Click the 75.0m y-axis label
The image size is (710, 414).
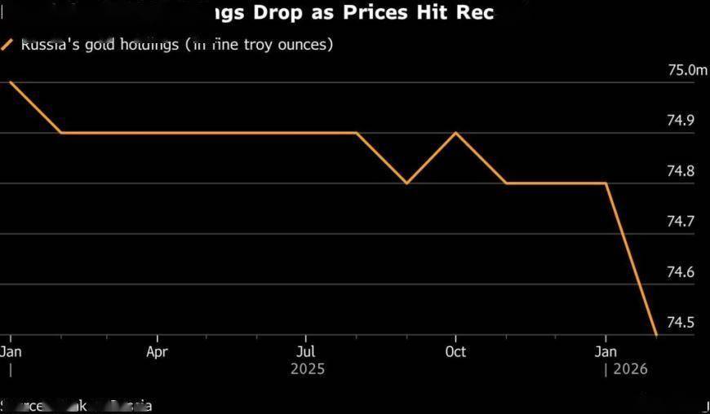pyautogui.click(x=687, y=70)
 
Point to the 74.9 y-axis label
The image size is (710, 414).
pyautogui.click(x=681, y=121)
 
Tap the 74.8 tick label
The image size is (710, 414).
pyautogui.click(x=681, y=171)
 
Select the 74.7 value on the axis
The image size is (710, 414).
pyautogui.click(x=681, y=222)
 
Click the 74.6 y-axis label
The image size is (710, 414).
pyautogui.click(x=681, y=272)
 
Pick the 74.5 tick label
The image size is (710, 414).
pyautogui.click(x=681, y=323)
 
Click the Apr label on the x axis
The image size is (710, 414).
pyautogui.click(x=157, y=352)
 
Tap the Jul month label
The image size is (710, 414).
pyautogui.click(x=306, y=352)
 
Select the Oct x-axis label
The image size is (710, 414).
pyautogui.click(x=455, y=352)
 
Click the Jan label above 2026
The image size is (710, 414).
pyautogui.click(x=606, y=352)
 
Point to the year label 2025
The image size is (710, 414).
pyautogui.click(x=307, y=369)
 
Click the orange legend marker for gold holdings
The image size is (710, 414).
pyautogui.click(x=7, y=45)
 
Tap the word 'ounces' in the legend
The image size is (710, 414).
pyautogui.click(x=305, y=45)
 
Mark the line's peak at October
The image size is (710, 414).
pyautogui.click(x=455, y=132)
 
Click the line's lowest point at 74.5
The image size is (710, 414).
pyautogui.click(x=656, y=334)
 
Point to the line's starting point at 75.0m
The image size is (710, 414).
pyautogui.click(x=10, y=81)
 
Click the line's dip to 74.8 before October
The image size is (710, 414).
pyautogui.click(x=406, y=183)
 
